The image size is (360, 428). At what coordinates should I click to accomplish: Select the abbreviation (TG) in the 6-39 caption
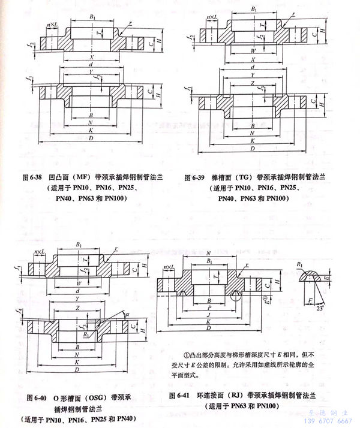coord(243,177)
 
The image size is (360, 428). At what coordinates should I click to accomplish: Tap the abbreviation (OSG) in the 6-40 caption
coord(90,396)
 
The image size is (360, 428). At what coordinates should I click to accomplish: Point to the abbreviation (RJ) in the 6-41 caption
coord(233,396)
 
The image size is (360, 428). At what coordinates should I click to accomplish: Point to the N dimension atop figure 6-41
coord(206,255)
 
